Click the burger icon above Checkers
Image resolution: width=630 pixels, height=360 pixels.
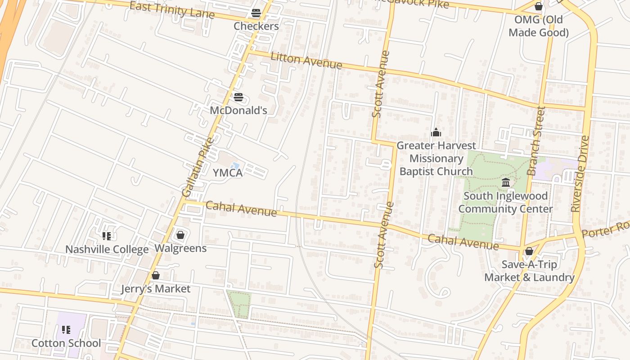point(256,13)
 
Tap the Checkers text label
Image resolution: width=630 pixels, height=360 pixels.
point(256,26)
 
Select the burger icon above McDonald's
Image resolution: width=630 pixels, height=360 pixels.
point(238,97)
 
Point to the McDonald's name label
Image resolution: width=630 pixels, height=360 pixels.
point(238,110)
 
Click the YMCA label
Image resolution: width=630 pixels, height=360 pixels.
point(228,173)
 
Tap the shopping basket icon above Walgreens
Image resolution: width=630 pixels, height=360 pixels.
point(180,235)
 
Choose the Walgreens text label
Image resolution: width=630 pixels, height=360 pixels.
point(180,248)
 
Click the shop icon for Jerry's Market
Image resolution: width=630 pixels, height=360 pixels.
point(156,275)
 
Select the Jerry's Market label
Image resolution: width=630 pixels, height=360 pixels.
point(156,289)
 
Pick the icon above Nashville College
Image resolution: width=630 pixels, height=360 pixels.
point(107,236)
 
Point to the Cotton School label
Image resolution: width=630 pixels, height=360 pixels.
point(66,343)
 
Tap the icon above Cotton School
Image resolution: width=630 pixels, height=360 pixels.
point(66,330)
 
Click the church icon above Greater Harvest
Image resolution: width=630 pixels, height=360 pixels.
point(436,132)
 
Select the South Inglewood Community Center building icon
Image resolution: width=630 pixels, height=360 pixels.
point(505,183)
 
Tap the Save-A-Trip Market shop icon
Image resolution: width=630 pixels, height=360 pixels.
point(529,251)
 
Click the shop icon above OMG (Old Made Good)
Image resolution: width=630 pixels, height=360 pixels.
point(538,6)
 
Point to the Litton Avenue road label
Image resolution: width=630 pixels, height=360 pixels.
point(306,60)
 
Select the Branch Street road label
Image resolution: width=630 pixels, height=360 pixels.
point(536,140)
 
